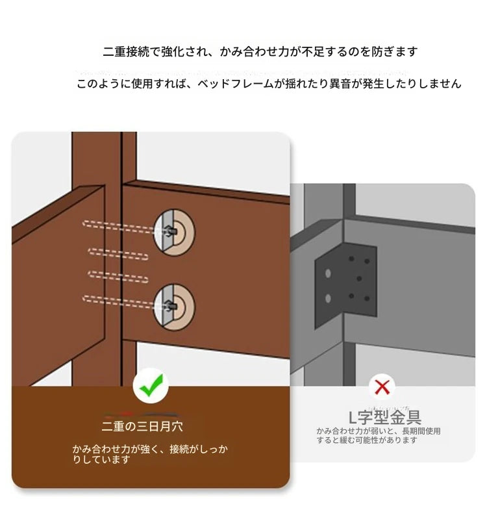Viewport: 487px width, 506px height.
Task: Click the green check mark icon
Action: pos(151,385)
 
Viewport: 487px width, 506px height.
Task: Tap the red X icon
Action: pos(382,386)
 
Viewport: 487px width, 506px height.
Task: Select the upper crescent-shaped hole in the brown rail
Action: pos(174,233)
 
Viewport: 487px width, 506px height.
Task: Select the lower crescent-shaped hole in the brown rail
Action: pos(174,307)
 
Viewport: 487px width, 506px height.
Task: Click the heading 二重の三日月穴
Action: pos(142,426)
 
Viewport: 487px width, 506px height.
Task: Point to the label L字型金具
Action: pos(385,418)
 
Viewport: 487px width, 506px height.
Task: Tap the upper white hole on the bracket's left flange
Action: pos(328,273)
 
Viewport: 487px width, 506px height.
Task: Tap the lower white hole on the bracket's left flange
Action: pos(328,298)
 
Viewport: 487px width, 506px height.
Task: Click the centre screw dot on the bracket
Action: pos(359,278)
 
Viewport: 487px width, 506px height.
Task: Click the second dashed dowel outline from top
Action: pos(118,254)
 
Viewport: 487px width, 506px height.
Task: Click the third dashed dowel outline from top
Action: pos(118,277)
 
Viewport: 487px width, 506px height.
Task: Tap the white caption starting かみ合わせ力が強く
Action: pos(150,454)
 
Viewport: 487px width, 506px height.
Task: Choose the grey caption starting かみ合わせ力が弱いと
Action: pos(379,436)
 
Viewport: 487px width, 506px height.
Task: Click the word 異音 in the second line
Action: pos(340,84)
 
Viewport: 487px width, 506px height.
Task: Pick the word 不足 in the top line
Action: pos(312,51)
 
